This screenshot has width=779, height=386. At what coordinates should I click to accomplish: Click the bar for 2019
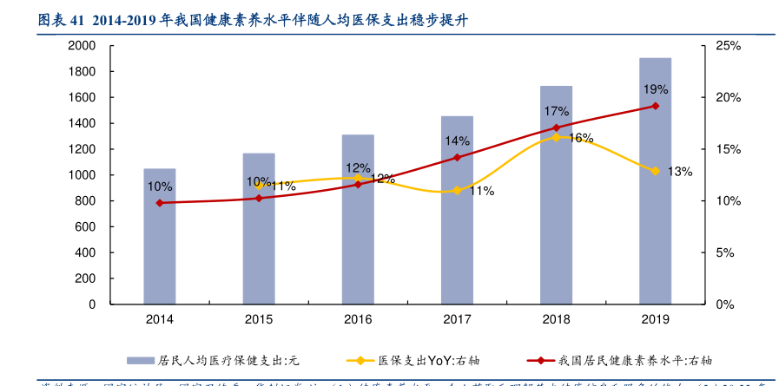coord(655,181)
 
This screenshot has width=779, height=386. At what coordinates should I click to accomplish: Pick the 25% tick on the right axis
coord(728,45)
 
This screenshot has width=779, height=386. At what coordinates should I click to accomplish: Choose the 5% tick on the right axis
coord(725,252)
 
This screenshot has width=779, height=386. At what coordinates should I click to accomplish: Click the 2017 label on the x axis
coord(457,320)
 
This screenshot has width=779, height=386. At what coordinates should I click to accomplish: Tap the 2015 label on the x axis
coord(258,320)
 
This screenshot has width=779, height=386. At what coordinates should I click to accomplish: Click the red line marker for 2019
coord(655,106)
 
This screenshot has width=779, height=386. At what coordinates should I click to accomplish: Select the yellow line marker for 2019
coord(655,171)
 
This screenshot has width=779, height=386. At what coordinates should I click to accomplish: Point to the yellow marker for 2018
coord(556,137)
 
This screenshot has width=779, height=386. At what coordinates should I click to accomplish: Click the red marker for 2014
coord(159,203)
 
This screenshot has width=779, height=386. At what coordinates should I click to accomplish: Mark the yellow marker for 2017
coord(457,190)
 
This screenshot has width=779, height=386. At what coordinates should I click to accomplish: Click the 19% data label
coord(655,89)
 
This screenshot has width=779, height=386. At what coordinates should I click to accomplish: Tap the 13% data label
coord(680,172)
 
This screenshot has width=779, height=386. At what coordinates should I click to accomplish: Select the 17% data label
coord(556,111)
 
